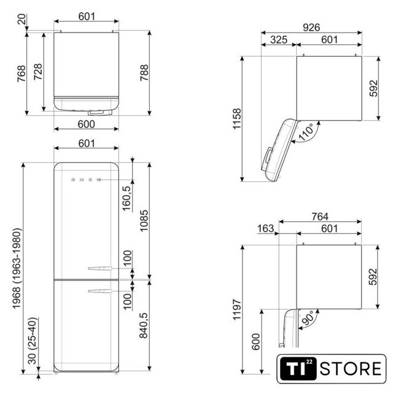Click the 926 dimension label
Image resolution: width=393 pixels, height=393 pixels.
[311, 27]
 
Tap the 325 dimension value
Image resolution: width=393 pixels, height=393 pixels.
[279, 39]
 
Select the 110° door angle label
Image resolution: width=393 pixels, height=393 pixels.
[306, 132]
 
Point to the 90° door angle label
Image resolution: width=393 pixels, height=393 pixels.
[308, 318]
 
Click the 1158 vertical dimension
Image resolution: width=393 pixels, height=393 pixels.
[237, 119]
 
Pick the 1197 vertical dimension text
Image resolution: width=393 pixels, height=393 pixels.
[237, 309]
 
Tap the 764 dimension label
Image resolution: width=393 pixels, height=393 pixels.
[320, 216]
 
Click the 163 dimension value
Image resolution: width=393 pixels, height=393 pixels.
[266, 228]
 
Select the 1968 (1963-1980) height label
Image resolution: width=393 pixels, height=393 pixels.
[17, 268]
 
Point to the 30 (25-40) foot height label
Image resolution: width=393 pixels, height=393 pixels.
[33, 341]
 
